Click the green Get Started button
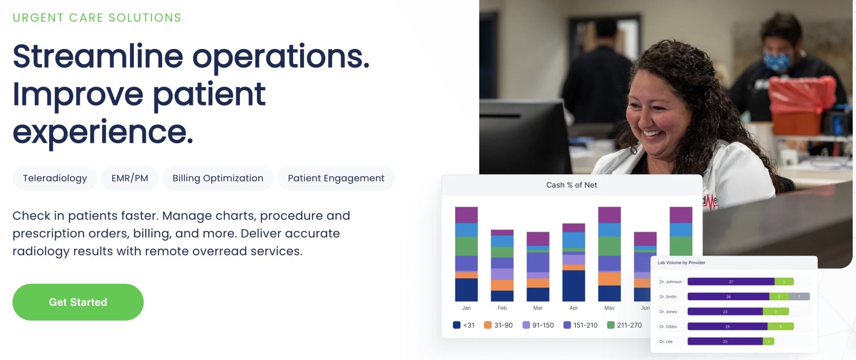(78, 302)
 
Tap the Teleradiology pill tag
(55, 179)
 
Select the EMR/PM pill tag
(130, 179)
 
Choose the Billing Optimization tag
(218, 179)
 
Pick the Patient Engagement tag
(336, 179)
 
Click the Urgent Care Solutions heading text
(97, 18)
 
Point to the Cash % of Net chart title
(571, 185)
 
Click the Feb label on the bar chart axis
(502, 308)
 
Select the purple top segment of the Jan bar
(466, 215)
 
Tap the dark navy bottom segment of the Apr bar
(573, 286)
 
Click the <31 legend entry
(464, 325)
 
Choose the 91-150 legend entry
(538, 325)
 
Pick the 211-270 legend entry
(624, 325)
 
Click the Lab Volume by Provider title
(681, 263)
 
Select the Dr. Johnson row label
(670, 282)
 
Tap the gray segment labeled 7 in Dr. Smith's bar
(799, 297)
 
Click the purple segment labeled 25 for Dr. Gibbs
(727, 327)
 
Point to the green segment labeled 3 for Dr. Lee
(768, 342)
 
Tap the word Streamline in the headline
(98, 56)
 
